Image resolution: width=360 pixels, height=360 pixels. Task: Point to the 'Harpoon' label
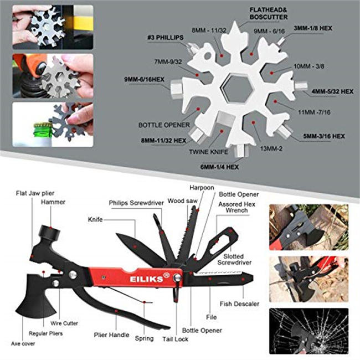(x=202, y=187)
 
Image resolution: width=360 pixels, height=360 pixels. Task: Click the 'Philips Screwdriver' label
(x=136, y=203)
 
